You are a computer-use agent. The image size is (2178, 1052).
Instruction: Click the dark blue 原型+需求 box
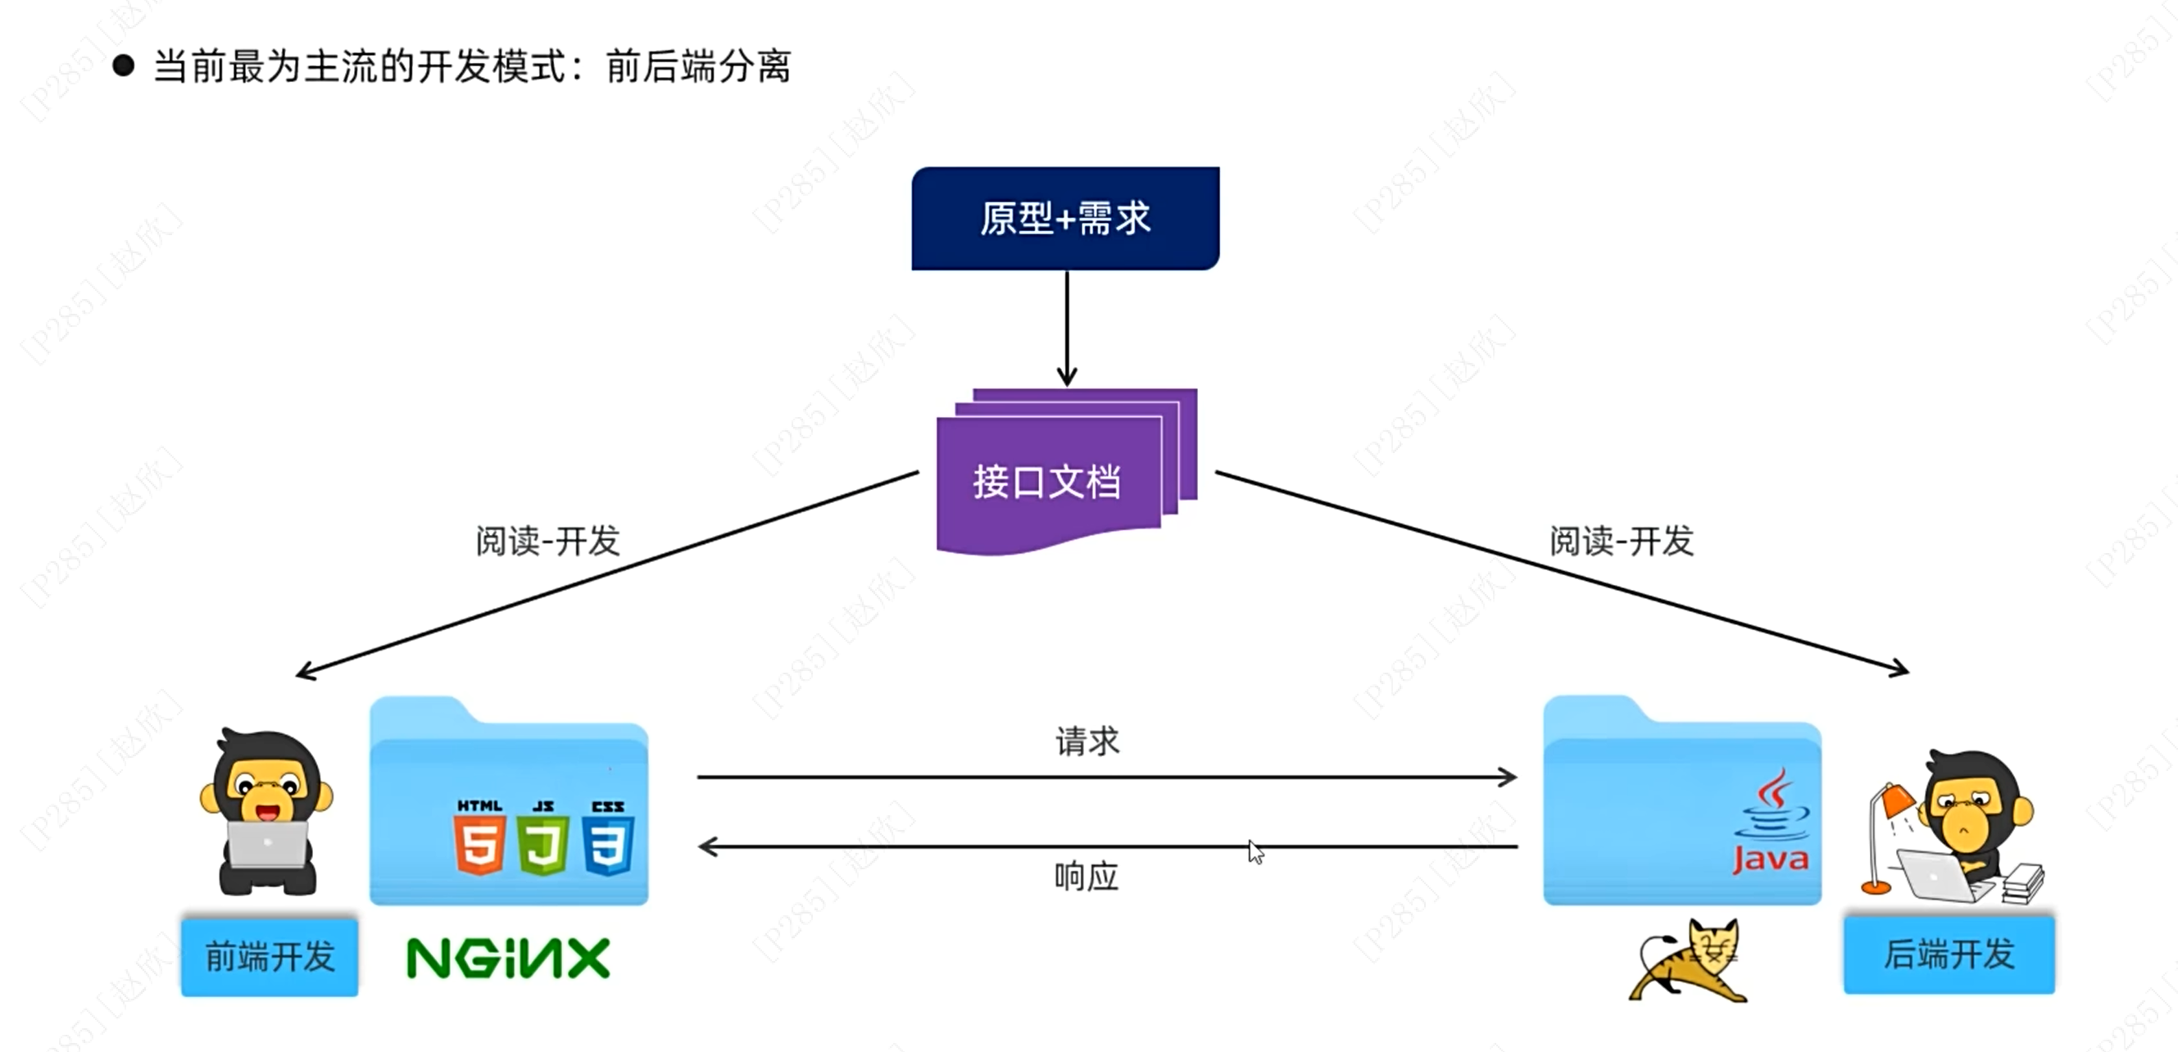tap(1064, 218)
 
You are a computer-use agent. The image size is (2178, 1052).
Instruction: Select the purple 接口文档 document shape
tap(1048, 482)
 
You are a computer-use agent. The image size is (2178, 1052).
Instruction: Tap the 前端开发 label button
tap(269, 956)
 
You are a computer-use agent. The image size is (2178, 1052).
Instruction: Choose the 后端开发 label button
tap(1948, 954)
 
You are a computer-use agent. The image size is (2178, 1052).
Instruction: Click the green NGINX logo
tap(507, 958)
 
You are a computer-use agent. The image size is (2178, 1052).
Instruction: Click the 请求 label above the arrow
tap(1087, 741)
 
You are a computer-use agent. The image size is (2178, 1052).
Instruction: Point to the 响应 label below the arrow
tap(1087, 877)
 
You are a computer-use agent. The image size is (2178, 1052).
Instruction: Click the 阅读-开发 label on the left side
tap(548, 542)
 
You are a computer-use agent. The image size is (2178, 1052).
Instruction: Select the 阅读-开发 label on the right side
tap(1621, 542)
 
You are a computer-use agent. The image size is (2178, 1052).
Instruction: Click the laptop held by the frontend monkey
tap(268, 844)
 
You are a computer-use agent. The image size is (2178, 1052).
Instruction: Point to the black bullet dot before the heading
tap(124, 66)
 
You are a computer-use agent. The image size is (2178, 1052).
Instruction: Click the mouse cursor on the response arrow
tap(1255, 851)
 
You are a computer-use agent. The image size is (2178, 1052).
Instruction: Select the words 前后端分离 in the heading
tap(698, 66)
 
